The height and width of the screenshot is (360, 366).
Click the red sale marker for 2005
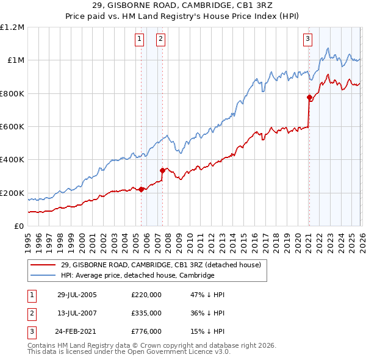141,189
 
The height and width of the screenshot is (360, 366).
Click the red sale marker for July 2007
162,170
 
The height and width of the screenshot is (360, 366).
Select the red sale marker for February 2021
309,97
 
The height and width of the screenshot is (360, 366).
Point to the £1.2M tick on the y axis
12,27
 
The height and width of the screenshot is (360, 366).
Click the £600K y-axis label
12,127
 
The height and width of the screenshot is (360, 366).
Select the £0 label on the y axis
18,226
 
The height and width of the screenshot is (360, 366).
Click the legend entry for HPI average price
137,275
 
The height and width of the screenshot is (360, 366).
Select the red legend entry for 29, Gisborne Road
160,265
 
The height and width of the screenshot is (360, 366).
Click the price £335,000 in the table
146,313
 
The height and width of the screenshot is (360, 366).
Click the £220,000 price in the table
146,294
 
